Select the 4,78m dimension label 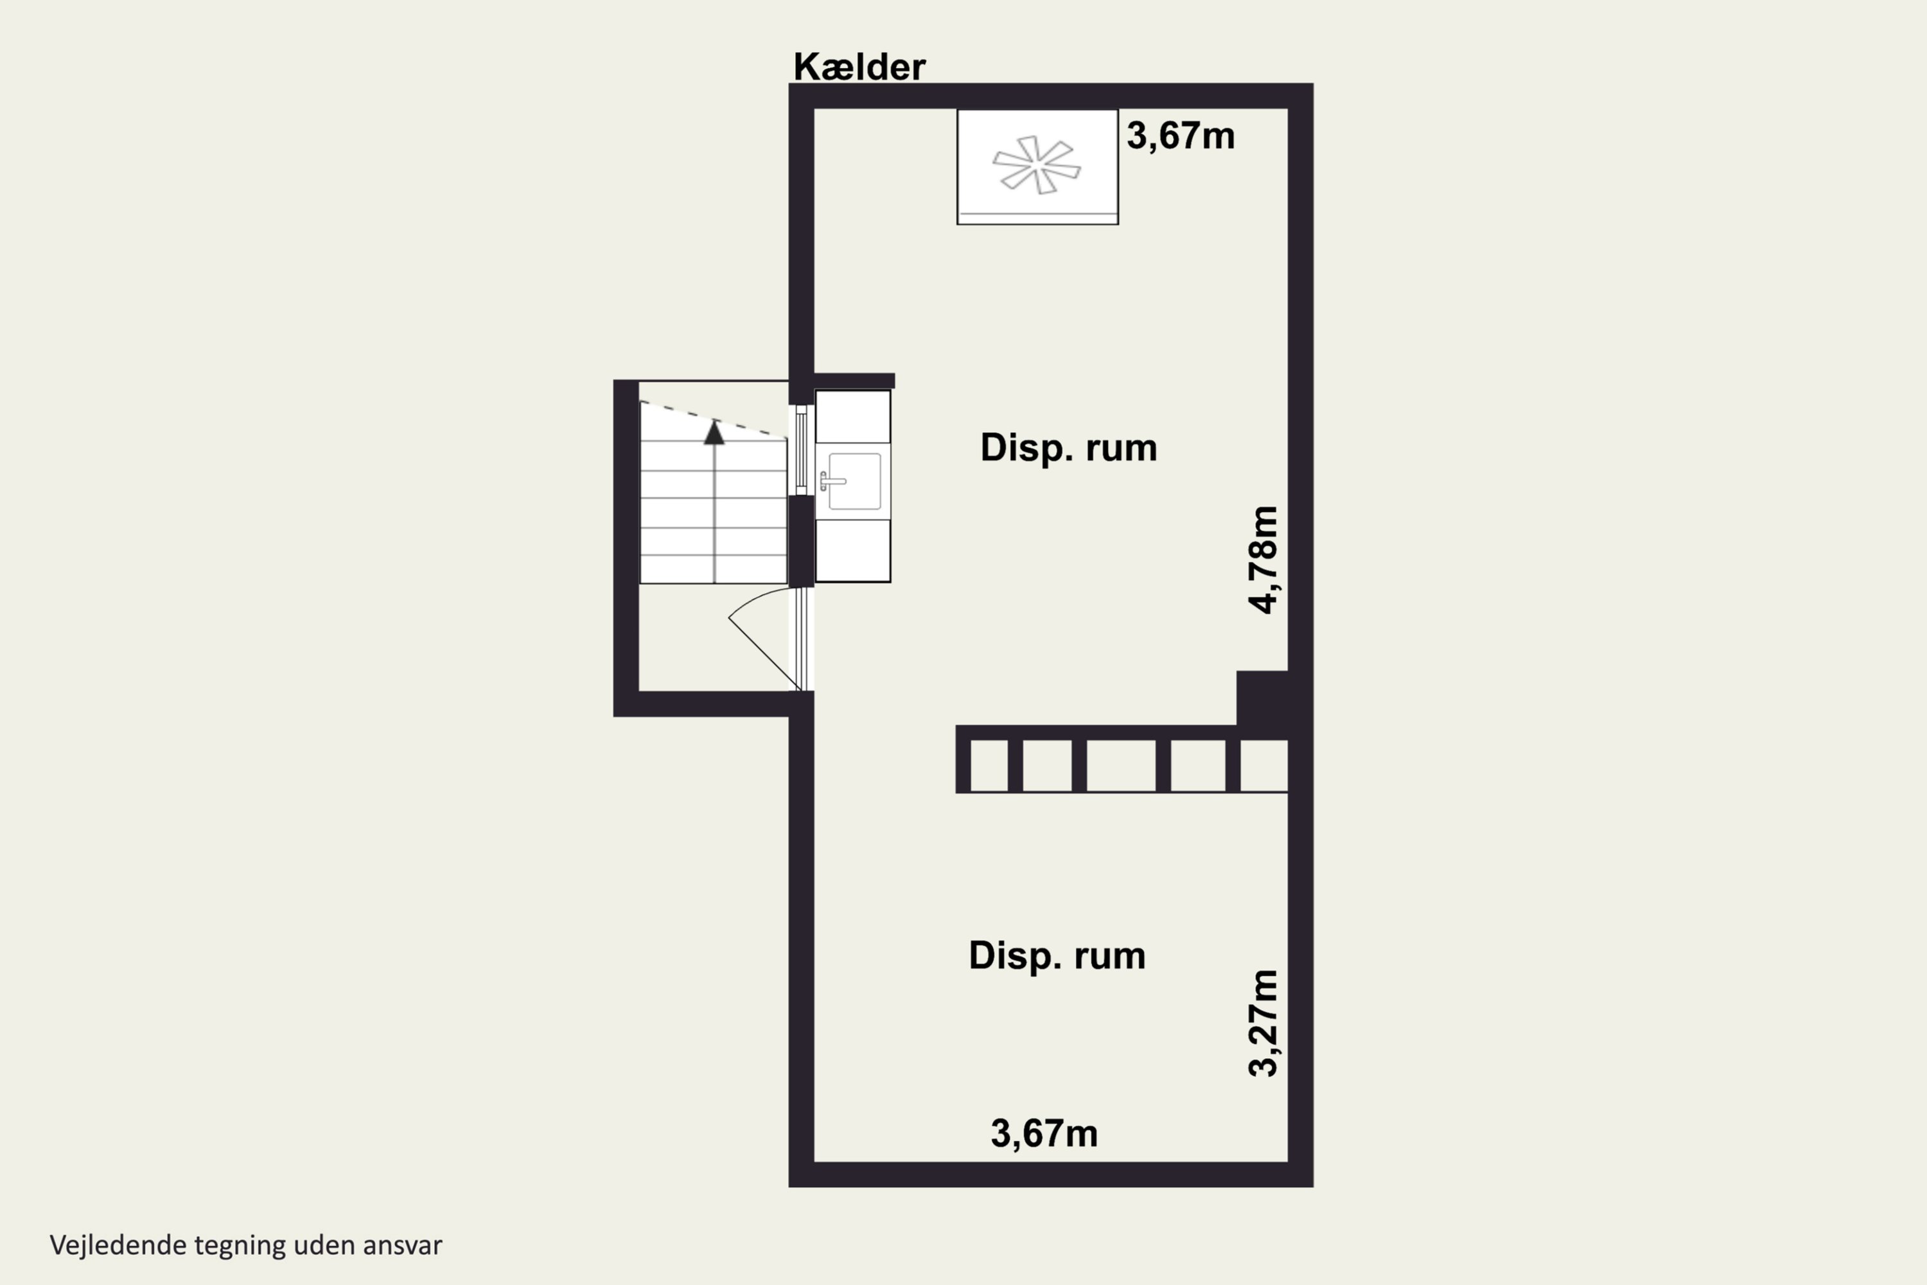point(1263,560)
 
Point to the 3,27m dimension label point(1263,1023)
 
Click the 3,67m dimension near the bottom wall point(1044,1134)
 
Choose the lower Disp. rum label point(1057,955)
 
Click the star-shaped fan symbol point(1037,164)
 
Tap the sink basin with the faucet point(853,481)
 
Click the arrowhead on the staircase point(714,432)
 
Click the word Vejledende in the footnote point(118,1246)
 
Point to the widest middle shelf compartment point(1121,765)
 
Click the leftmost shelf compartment point(989,765)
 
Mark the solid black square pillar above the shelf point(1262,697)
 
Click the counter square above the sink point(853,417)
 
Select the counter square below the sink point(853,551)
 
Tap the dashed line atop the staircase point(713,419)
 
